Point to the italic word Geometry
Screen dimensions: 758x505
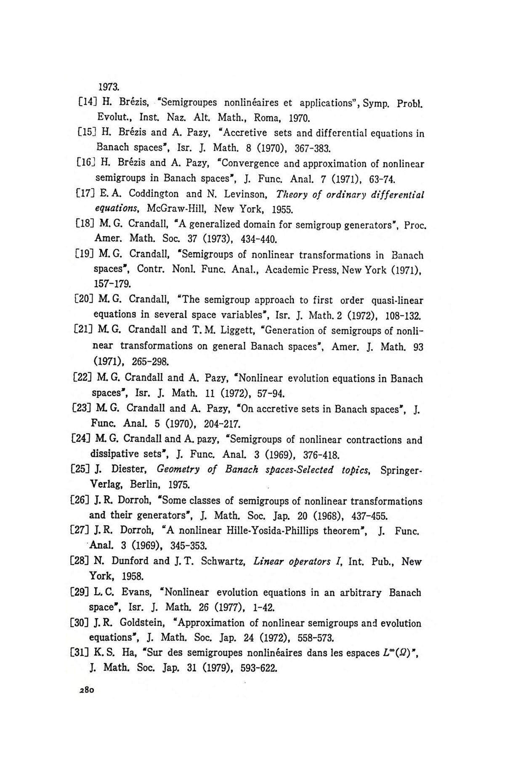pyautogui.click(x=178, y=469)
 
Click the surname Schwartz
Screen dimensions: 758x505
pyautogui.click(x=223, y=561)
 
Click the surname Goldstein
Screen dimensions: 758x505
pyautogui.click(x=143, y=623)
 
